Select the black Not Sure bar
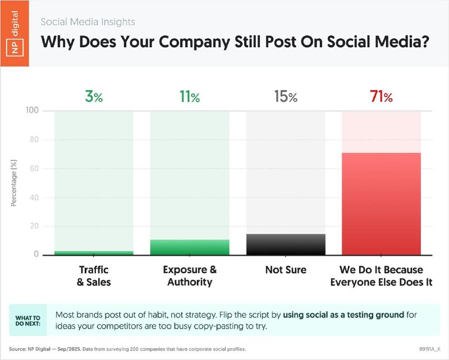click(x=286, y=244)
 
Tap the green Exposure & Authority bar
click(x=190, y=247)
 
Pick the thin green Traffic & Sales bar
click(x=94, y=253)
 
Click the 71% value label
click(x=381, y=97)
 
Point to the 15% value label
click(x=286, y=97)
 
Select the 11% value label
click(x=190, y=97)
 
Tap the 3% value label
click(x=94, y=97)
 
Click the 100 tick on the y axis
click(x=33, y=110)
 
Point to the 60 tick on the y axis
click(x=34, y=168)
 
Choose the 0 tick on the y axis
click(x=36, y=255)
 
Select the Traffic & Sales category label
click(x=94, y=276)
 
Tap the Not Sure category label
click(x=286, y=270)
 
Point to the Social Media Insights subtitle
click(x=88, y=22)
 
